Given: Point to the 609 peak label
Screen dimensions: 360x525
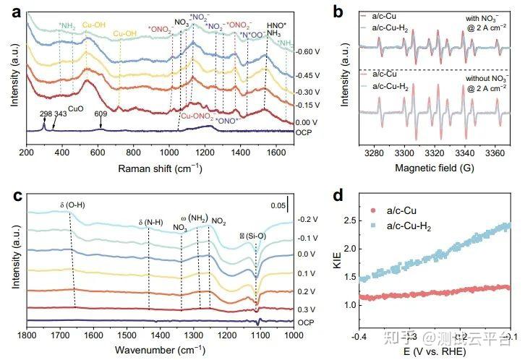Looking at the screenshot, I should pyautogui.click(x=100, y=113).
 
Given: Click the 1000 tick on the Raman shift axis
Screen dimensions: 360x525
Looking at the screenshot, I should pyautogui.click(x=169, y=153).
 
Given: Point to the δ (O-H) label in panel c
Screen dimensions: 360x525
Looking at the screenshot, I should pyautogui.click(x=74, y=206).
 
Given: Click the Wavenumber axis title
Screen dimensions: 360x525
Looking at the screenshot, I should pyautogui.click(x=161, y=349).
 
